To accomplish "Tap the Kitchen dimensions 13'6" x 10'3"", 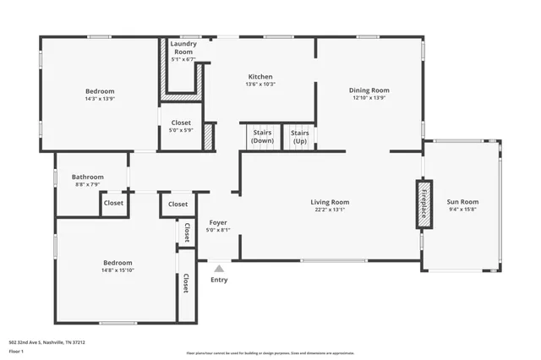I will pyautogui.click(x=260, y=84).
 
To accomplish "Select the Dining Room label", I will pyautogui.click(x=369, y=90).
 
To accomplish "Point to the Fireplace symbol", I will pyautogui.click(x=424, y=204).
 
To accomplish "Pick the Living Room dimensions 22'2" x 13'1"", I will pyautogui.click(x=330, y=210).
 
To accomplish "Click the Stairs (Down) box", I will pyautogui.click(x=262, y=137).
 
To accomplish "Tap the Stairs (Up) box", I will pyautogui.click(x=299, y=137).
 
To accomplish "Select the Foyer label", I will pyautogui.click(x=218, y=223).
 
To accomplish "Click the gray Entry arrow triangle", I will pyautogui.click(x=218, y=268).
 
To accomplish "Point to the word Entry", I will pyautogui.click(x=218, y=280).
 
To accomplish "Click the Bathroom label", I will pyautogui.click(x=88, y=177).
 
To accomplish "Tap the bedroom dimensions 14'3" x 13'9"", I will pyautogui.click(x=99, y=98).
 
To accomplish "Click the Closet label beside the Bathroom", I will pyautogui.click(x=113, y=203).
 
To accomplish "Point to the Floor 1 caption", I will pyautogui.click(x=15, y=350).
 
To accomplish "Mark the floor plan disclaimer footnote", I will pyautogui.click(x=270, y=353).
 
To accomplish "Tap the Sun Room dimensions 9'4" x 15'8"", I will pyautogui.click(x=462, y=210).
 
